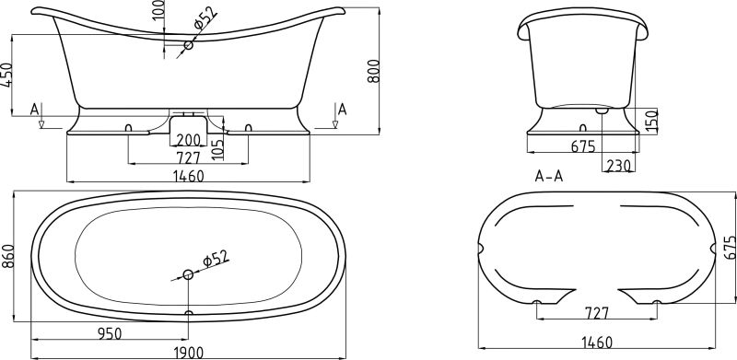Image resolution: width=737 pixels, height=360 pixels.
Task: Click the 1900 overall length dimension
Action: pyautogui.click(x=188, y=353)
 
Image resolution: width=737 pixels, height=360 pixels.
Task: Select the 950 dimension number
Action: pyautogui.click(x=110, y=333)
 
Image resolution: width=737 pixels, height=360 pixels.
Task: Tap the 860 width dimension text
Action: pyautogui.click(x=7, y=256)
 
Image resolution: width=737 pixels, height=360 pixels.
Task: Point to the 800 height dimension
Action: pyautogui.click(x=373, y=71)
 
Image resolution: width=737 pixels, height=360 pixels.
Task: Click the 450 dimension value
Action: pyautogui.click(x=7, y=75)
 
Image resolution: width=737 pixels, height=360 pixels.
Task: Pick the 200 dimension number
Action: pyautogui.click(x=188, y=140)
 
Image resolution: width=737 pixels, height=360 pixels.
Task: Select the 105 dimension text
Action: pyautogui.click(x=218, y=148)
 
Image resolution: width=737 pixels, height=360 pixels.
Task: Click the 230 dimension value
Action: pyautogui.click(x=618, y=166)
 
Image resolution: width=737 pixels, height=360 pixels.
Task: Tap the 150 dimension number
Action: pyautogui.click(x=651, y=121)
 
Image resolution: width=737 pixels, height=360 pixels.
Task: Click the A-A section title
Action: pyautogui.click(x=549, y=176)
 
